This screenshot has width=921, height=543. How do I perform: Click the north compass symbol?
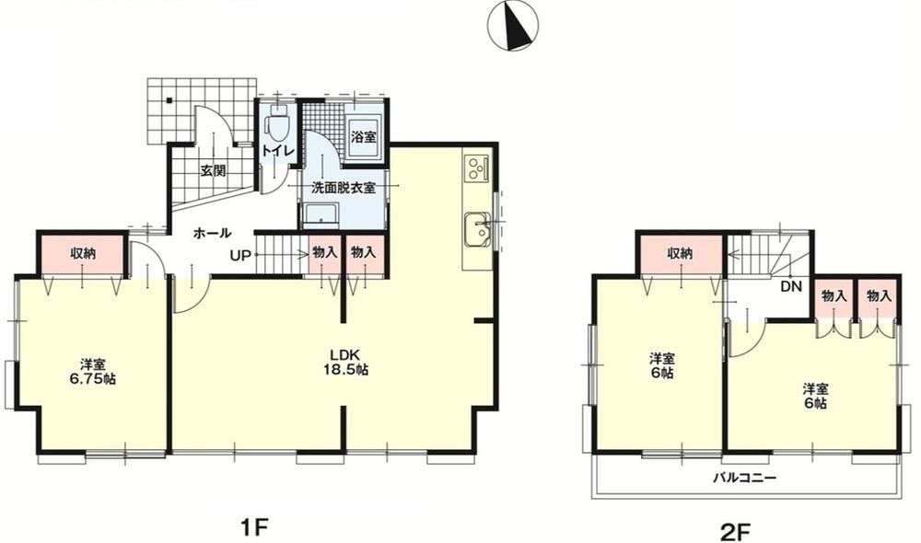[513, 26]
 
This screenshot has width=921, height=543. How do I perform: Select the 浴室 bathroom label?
[364, 137]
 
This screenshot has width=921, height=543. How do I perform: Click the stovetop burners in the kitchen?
[476, 168]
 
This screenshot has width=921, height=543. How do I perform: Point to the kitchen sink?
[477, 229]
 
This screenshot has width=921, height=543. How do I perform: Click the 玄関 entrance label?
[213, 171]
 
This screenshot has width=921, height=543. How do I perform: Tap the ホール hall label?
[212, 233]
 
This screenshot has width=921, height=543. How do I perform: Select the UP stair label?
[240, 255]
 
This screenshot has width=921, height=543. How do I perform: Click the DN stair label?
[791, 286]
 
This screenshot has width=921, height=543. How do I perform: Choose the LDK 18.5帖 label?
[345, 363]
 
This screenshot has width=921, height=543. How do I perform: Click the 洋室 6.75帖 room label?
[93, 372]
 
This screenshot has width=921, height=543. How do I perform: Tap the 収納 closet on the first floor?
[83, 254]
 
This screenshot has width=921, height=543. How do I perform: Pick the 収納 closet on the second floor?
[680, 254]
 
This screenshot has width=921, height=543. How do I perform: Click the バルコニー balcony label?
[745, 478]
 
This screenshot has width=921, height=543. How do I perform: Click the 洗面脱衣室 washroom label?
[343, 188]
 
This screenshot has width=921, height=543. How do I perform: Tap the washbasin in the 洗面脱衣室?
[321, 214]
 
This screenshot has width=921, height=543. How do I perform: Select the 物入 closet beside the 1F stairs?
[325, 254]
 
